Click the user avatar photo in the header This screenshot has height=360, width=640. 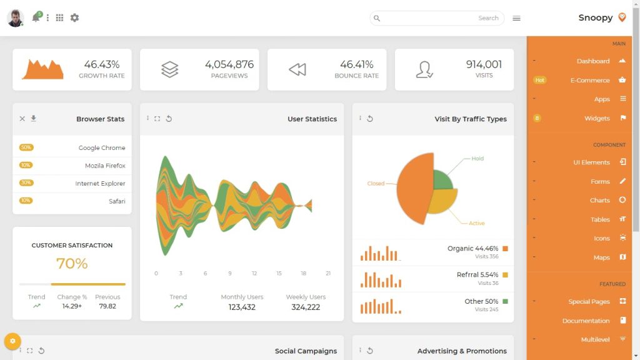15,18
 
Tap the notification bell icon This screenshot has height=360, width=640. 36,18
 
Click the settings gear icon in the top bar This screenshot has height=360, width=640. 74,18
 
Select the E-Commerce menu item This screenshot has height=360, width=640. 589,80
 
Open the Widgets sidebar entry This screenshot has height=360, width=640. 597,118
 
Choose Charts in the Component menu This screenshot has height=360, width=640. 599,200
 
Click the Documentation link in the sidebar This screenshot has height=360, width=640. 586,321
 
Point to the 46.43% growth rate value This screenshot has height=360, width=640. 101,64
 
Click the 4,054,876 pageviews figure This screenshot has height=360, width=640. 229,64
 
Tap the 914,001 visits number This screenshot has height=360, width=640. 484,64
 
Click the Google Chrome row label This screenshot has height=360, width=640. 102,148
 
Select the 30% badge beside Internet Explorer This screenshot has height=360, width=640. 26,183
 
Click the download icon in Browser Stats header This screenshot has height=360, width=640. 34,119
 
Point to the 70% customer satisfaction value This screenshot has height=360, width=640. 72,264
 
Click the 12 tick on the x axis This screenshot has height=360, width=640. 254,274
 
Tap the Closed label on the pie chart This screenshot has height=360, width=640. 376,184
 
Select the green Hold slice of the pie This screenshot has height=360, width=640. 442,180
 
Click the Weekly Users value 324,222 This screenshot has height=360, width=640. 306,307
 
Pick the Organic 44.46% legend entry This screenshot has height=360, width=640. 472,249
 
